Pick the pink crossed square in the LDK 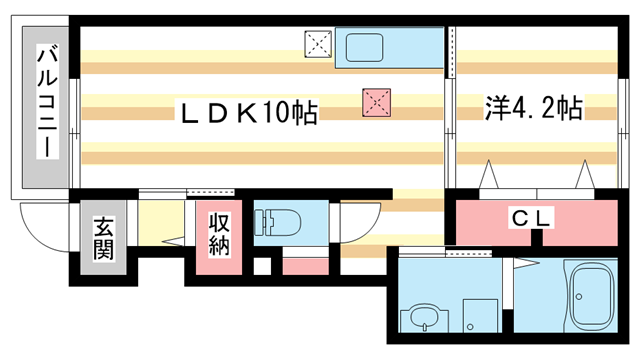tap(376, 101)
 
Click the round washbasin tap(421, 321)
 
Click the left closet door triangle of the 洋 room tap(491, 178)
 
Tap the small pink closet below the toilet tap(300, 265)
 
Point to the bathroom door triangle tap(523, 266)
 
